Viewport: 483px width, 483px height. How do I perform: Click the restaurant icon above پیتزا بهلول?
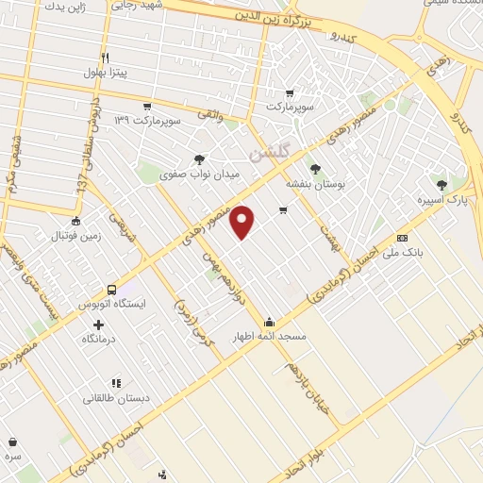(105, 57)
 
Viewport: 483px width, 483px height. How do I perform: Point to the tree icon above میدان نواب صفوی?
(199, 159)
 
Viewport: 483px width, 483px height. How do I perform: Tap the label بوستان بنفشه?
(315, 185)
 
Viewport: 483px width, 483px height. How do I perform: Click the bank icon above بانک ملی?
(402, 237)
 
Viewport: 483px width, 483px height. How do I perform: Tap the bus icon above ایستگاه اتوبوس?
(112, 290)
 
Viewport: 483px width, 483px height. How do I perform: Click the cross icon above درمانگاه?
(99, 325)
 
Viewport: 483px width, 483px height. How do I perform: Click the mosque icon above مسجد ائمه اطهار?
(270, 321)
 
